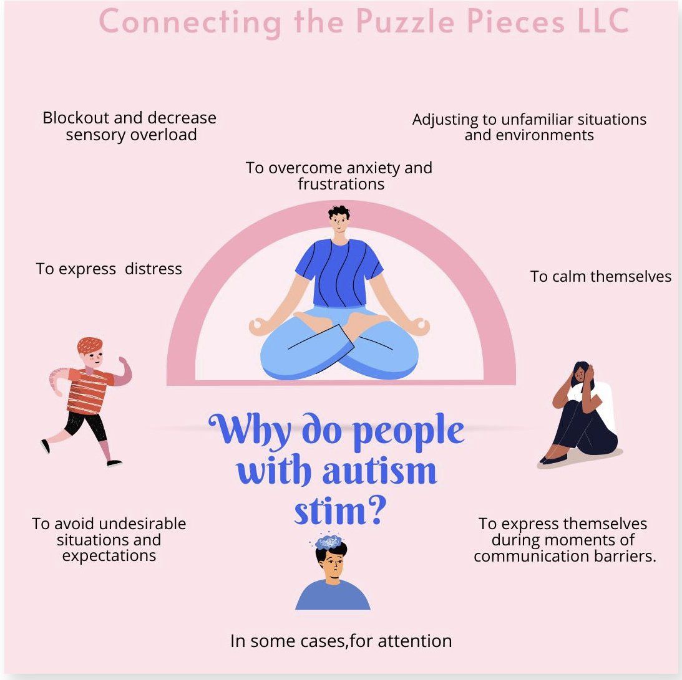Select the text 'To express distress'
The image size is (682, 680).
(x=109, y=269)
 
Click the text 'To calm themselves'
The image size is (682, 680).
(x=601, y=276)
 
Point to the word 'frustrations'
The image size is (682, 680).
(x=341, y=184)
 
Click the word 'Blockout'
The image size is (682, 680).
(x=76, y=118)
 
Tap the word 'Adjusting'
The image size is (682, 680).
(x=446, y=120)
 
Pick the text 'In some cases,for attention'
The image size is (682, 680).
(x=341, y=641)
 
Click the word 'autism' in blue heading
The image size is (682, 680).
(x=379, y=471)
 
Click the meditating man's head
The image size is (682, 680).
(x=339, y=219)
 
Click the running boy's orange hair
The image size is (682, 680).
(x=90, y=345)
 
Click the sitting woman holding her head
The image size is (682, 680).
(x=579, y=414)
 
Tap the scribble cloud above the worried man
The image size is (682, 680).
(x=329, y=542)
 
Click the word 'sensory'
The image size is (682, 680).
(x=95, y=135)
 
